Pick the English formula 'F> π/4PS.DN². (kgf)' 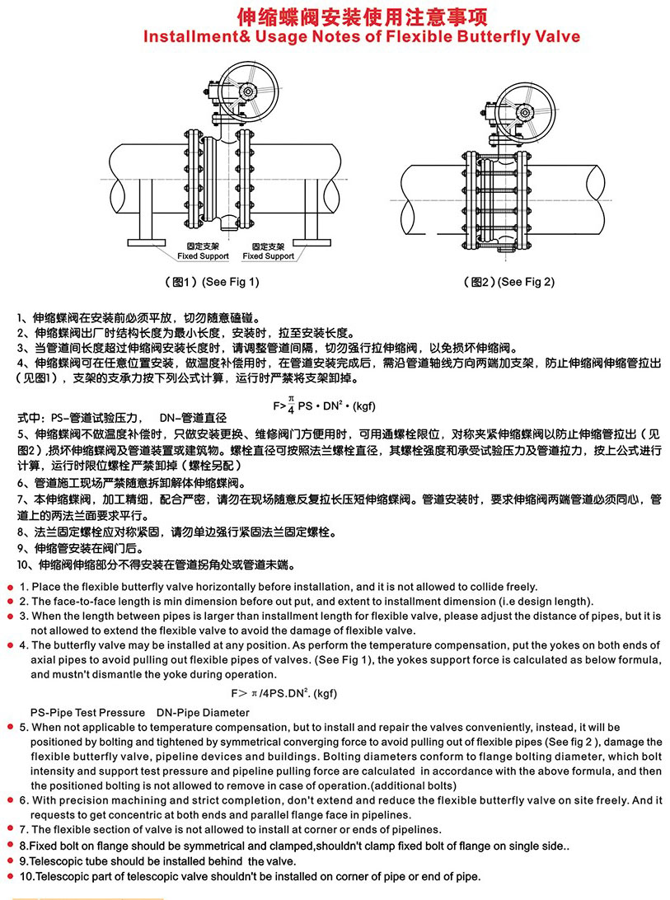tap(284, 693)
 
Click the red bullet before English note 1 tap(11, 587)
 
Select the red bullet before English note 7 tap(11, 830)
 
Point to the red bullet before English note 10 tap(11, 876)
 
